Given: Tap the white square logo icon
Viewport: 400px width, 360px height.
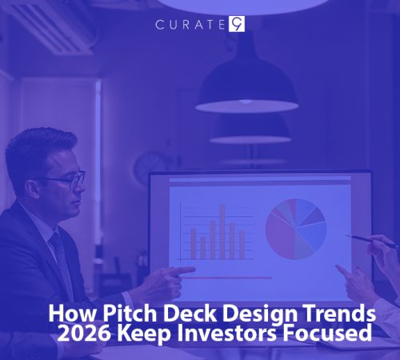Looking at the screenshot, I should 237,24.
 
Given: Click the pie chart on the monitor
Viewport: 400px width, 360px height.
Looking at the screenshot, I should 295,228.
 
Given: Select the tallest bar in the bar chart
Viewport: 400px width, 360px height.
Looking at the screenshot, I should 222,232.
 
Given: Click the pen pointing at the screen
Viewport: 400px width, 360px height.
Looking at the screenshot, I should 371,240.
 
